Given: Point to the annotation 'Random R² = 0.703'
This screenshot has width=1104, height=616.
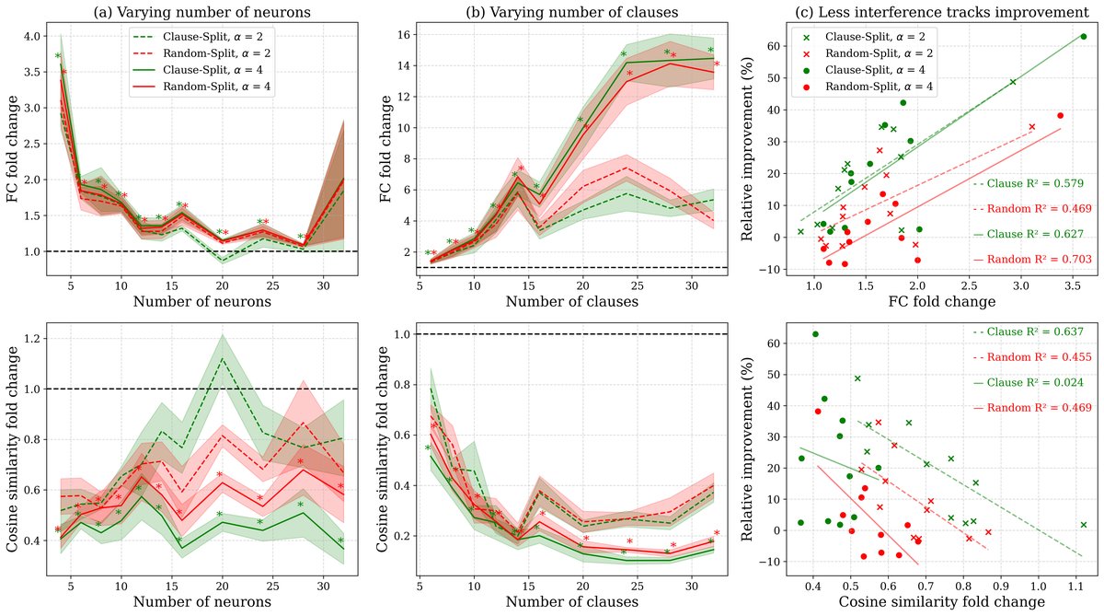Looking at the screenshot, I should (1039, 261).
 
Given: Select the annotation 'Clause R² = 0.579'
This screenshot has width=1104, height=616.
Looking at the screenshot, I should (1039, 184).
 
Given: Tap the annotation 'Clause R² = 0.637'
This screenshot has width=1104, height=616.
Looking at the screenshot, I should (1039, 331).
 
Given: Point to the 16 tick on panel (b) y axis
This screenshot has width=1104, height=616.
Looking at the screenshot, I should (402, 36).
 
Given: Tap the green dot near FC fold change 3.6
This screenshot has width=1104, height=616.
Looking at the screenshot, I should (1083, 37).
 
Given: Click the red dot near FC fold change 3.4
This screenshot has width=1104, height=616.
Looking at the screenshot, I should (1060, 116).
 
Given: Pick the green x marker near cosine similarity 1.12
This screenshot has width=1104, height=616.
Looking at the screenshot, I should (1084, 525).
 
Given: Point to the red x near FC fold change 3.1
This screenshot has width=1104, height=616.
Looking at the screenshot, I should (1031, 127).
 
